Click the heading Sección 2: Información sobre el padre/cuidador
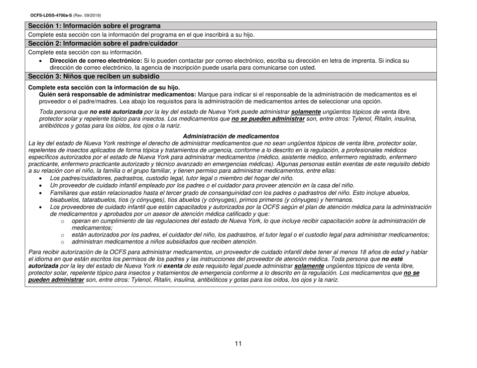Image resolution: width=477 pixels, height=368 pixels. coord(103,44)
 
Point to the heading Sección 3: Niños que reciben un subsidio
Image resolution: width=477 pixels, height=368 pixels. coord(94,76)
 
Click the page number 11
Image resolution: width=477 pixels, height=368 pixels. coord(238,343)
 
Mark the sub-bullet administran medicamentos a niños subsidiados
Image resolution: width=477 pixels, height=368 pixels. coord(164,241)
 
